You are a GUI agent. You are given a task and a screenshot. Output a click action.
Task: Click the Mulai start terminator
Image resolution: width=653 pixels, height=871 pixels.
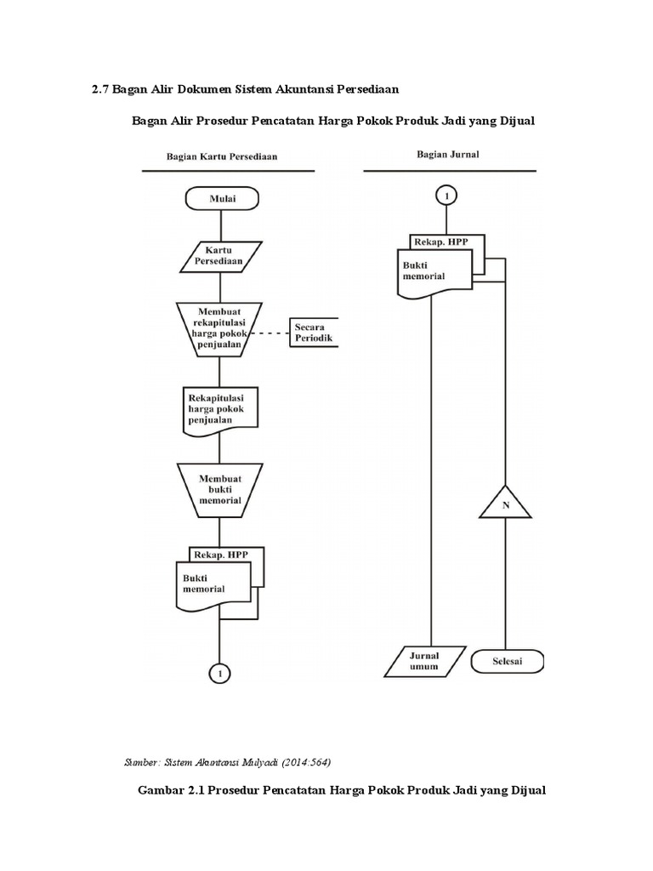221,199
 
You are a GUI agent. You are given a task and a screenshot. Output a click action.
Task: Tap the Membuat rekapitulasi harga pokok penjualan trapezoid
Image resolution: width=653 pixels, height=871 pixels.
220,328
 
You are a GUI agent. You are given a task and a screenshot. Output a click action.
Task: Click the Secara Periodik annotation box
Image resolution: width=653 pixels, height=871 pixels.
313,332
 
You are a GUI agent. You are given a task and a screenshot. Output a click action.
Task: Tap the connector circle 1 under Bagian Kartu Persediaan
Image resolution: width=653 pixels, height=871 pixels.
220,673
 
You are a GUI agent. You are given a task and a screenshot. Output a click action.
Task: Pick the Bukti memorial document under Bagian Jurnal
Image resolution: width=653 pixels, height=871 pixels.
434,272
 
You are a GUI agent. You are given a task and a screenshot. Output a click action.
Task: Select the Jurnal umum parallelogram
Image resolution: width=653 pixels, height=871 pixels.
424,661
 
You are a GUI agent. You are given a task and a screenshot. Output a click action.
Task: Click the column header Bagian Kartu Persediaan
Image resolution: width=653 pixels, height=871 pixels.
221,157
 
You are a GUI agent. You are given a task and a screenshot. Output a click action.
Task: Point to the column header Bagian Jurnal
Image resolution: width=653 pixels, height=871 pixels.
447,154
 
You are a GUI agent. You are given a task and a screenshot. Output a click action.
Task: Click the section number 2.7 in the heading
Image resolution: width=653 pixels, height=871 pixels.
101,89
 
